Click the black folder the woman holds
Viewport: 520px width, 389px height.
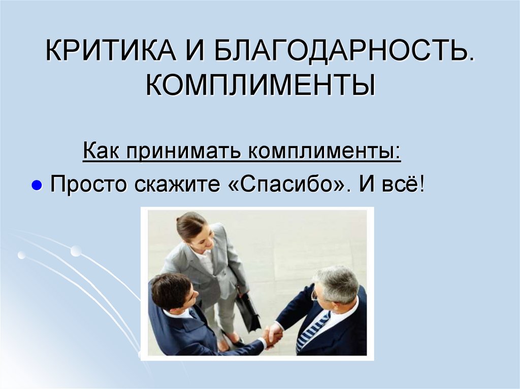248,312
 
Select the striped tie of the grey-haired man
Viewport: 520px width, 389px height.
311,330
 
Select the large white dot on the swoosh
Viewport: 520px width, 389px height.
76,250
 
